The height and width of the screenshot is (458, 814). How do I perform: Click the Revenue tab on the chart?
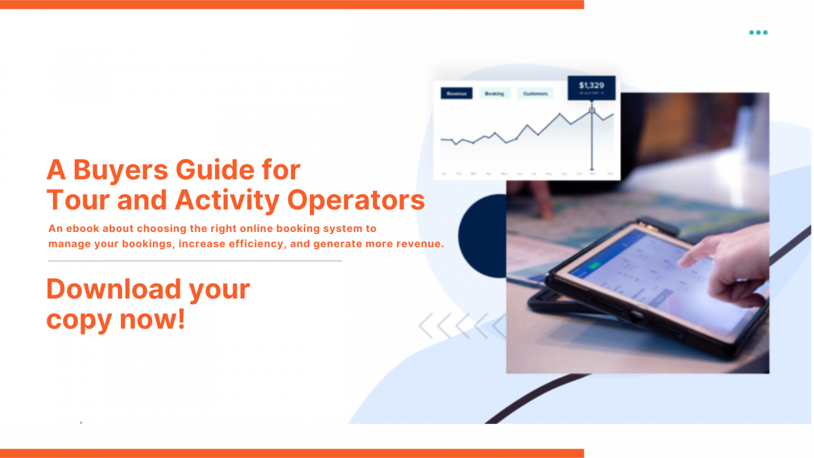(x=457, y=94)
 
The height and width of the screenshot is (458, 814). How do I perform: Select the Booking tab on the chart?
(x=495, y=94)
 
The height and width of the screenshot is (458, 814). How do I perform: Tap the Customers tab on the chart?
(x=535, y=94)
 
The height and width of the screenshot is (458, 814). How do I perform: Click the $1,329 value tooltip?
(x=592, y=88)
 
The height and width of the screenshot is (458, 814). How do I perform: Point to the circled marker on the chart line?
(x=592, y=110)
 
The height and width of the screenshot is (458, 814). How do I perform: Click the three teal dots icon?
(x=758, y=33)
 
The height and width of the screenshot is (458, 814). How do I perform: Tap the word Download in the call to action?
(x=114, y=289)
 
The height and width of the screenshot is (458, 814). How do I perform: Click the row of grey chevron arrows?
(x=461, y=326)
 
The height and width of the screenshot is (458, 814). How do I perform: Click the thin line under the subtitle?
(x=195, y=261)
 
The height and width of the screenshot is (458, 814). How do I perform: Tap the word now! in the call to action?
(x=156, y=319)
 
